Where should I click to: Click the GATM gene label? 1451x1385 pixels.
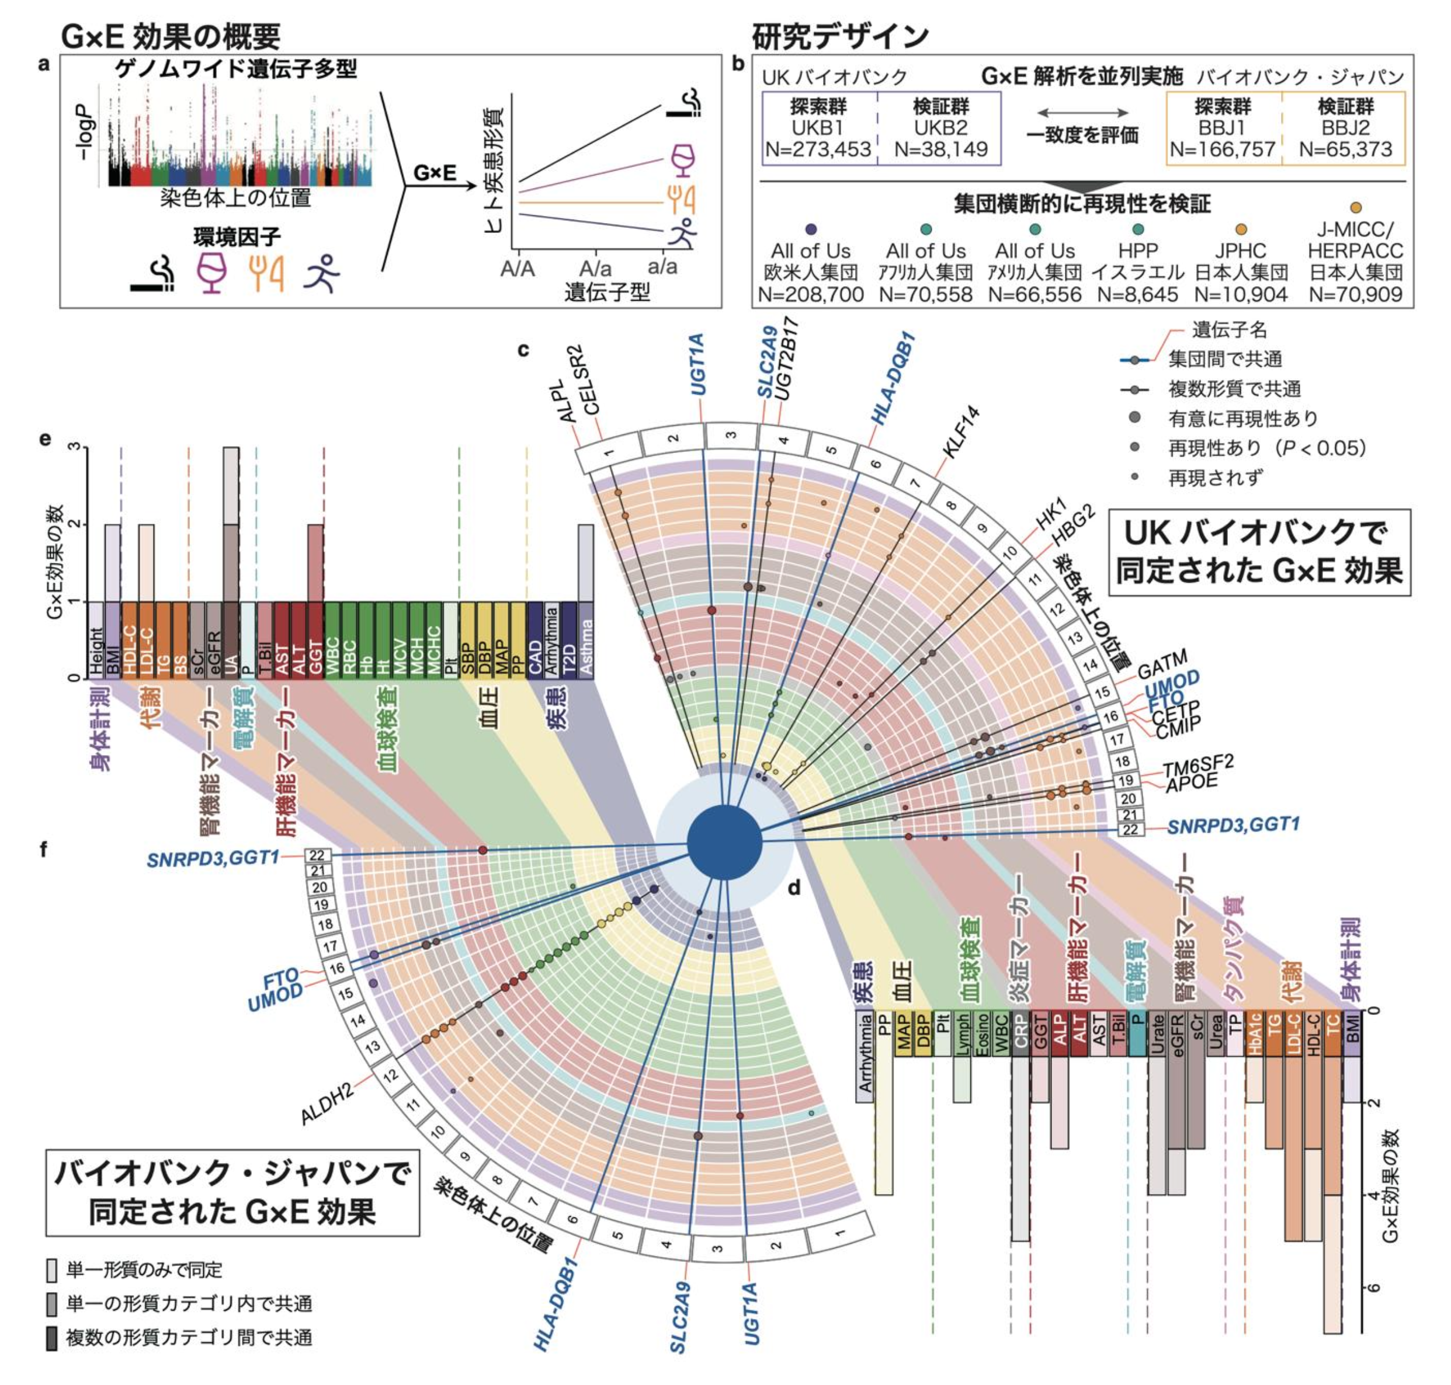tap(1161, 663)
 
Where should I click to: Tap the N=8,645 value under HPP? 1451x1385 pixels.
tap(1137, 294)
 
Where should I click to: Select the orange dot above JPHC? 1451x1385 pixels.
tap(1241, 229)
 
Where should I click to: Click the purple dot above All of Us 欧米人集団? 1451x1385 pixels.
tap(811, 229)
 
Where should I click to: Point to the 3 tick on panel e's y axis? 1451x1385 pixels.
tap(72, 447)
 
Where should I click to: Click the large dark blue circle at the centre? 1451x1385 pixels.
tap(724, 841)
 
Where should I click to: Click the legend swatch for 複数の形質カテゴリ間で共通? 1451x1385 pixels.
tap(51, 1338)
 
